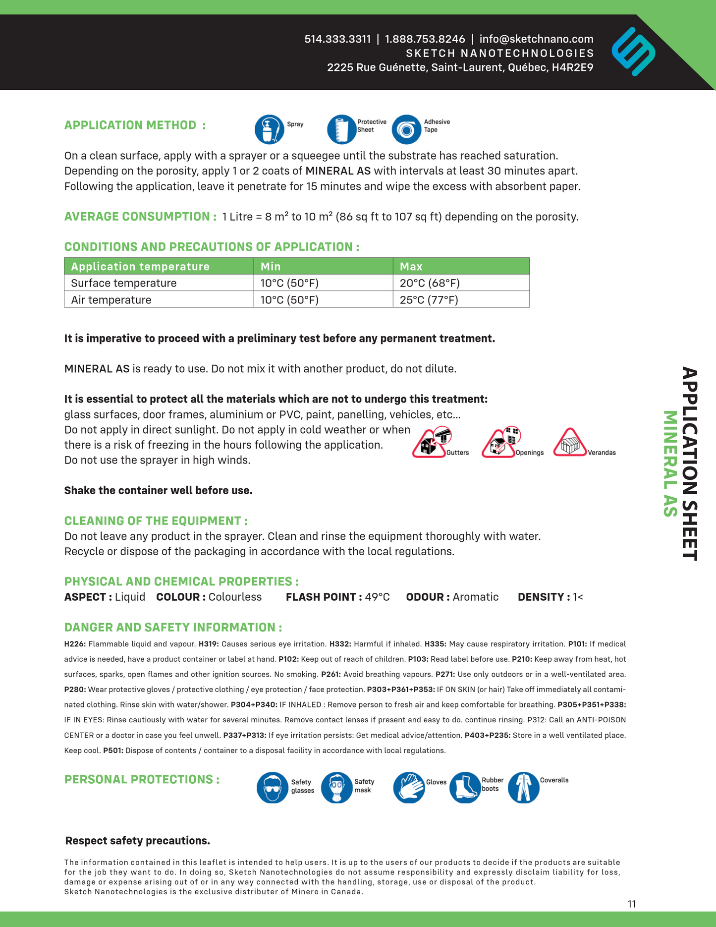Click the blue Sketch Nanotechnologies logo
[x=633, y=52]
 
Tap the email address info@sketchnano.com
[x=536, y=39]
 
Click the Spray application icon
[x=270, y=129]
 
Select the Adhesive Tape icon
[x=406, y=129]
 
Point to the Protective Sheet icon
[x=342, y=129]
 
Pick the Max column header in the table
[x=411, y=266]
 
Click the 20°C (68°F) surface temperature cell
[x=430, y=283]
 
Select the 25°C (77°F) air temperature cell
[x=429, y=300]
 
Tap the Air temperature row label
[x=111, y=300]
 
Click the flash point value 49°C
[x=377, y=597]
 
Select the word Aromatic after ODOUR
[x=475, y=597]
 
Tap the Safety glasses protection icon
[x=273, y=787]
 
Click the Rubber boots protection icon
[x=465, y=787]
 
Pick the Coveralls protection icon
[x=523, y=787]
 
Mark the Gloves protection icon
[x=409, y=787]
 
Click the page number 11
[x=632, y=904]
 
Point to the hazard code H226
[x=75, y=644]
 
